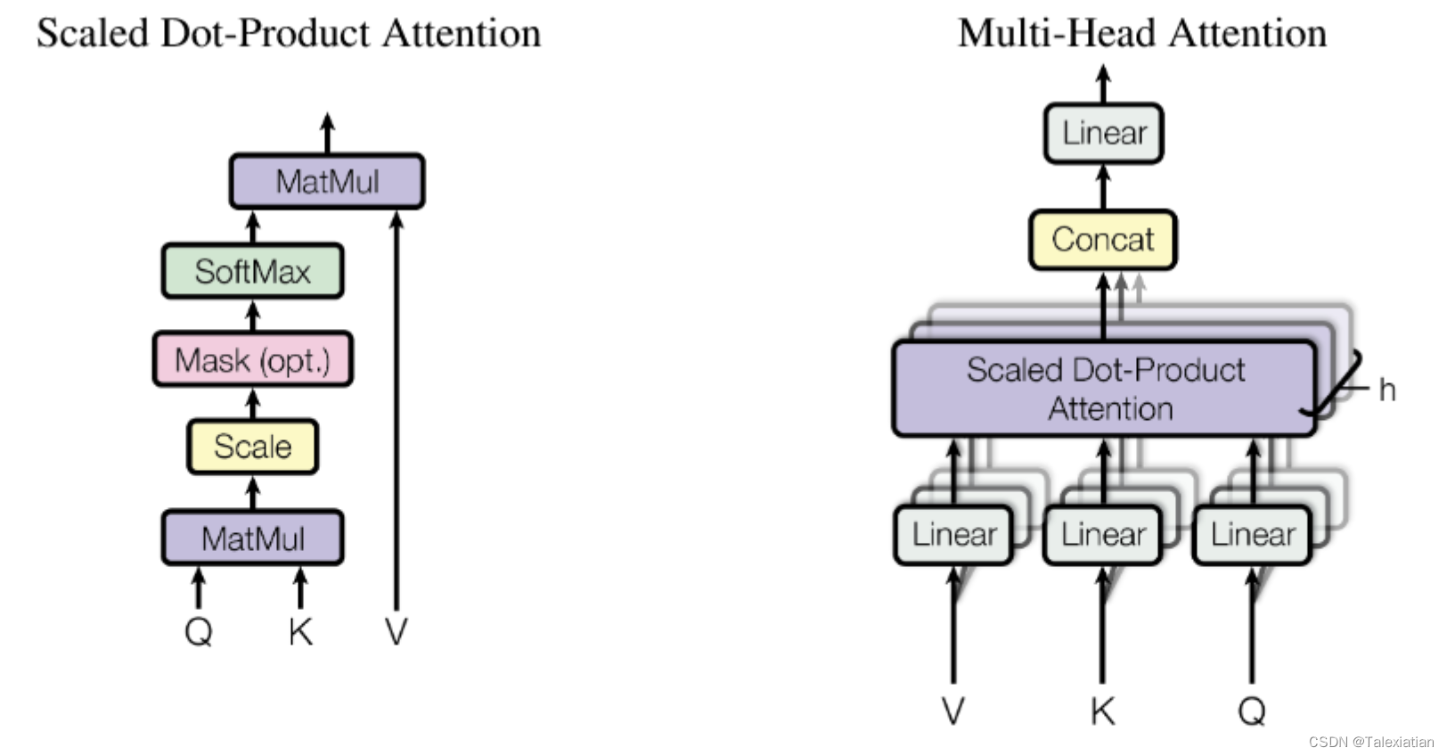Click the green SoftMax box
click(252, 271)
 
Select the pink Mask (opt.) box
click(252, 359)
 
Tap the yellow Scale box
click(252, 446)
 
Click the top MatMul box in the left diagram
click(327, 181)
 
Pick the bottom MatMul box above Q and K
click(252, 538)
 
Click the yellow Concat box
click(1102, 239)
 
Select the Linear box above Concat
click(1103, 133)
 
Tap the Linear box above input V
click(953, 534)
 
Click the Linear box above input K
click(1102, 534)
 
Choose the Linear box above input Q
click(1252, 534)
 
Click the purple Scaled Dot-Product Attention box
click(1105, 389)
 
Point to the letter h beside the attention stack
click(1386, 390)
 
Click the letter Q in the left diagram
click(198, 631)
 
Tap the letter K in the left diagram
click(300, 631)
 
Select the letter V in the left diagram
click(396, 631)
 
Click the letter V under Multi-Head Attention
click(952, 711)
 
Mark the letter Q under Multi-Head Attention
click(1252, 711)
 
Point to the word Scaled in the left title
click(92, 33)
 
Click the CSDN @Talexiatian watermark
click(1370, 741)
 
